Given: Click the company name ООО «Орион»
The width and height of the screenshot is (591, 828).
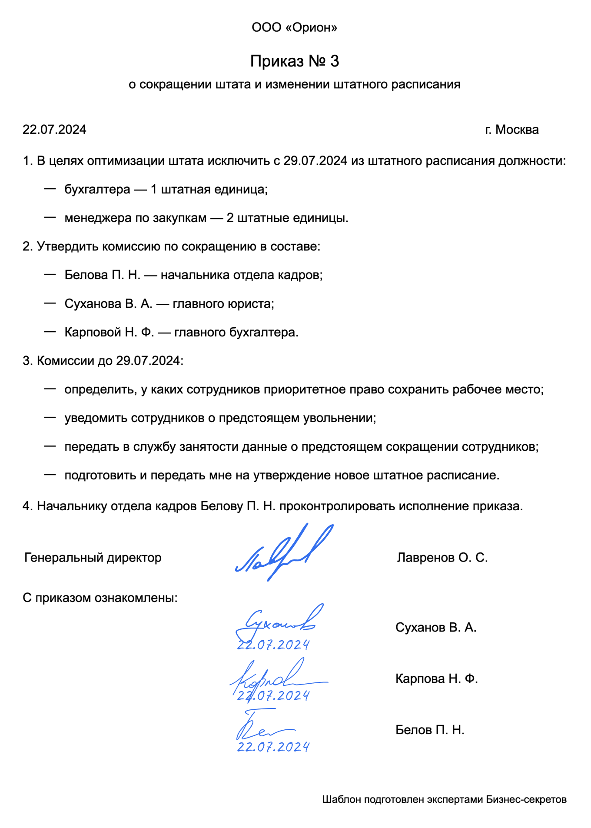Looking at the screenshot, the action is click(x=294, y=28).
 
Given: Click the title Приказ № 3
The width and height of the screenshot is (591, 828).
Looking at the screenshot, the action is click(x=294, y=61).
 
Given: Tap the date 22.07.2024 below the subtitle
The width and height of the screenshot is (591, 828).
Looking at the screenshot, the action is click(x=54, y=130).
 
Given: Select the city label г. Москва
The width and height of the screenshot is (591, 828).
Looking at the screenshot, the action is click(x=511, y=130).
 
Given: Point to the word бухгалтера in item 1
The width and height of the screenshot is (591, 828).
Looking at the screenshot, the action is click(x=97, y=190).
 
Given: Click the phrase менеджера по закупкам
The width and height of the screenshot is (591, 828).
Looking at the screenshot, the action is click(x=135, y=218).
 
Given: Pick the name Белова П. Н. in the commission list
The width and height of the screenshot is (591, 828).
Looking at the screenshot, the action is click(x=102, y=275).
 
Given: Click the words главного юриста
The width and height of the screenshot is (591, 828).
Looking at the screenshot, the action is click(x=223, y=304).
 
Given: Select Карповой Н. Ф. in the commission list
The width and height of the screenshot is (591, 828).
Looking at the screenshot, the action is click(x=109, y=333).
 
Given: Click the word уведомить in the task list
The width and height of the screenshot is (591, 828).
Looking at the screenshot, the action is click(x=96, y=418).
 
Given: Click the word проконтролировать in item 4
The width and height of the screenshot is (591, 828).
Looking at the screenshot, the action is click(x=337, y=506).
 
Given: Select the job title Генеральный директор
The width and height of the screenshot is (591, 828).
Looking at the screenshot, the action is click(x=93, y=558).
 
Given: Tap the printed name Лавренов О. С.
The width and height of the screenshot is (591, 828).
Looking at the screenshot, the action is click(x=442, y=558).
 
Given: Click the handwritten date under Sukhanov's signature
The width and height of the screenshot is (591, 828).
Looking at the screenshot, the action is click(x=273, y=645).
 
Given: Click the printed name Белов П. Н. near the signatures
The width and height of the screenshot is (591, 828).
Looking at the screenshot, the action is click(x=429, y=730).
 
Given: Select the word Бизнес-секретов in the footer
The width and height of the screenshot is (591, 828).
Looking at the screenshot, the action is click(x=526, y=799).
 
